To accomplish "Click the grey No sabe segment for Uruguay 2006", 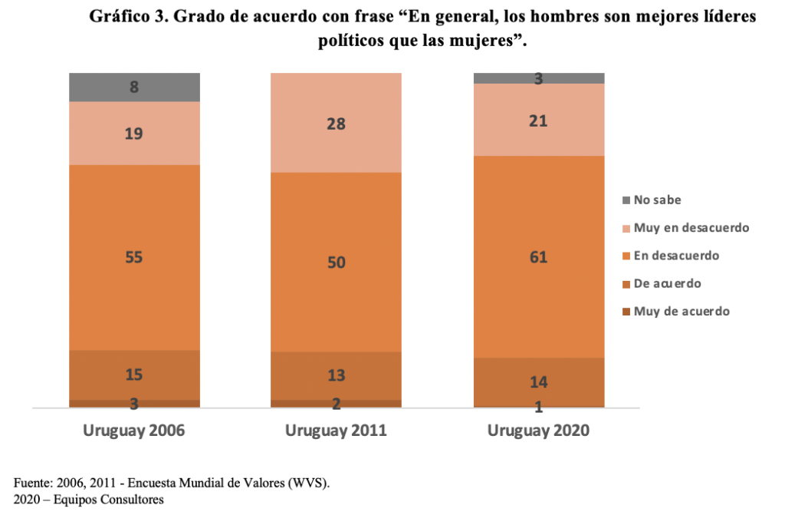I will click(134, 87).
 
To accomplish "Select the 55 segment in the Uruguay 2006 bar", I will click(134, 258).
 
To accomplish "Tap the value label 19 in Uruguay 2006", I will click(134, 134).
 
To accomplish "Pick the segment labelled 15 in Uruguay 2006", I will click(134, 375).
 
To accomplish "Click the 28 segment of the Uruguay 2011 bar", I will click(336, 123).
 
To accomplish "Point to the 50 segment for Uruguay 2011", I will click(336, 262).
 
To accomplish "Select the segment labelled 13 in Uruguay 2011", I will click(336, 375).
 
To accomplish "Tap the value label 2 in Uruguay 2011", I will click(336, 404).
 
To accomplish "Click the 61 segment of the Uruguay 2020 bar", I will click(538, 257).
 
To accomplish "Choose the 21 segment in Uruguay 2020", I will click(538, 120).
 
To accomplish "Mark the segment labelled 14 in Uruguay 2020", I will click(538, 381).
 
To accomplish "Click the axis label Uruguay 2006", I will click(134, 431).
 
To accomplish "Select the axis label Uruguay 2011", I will click(336, 431).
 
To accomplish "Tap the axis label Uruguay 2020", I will click(538, 431).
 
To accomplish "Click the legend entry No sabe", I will click(657, 200).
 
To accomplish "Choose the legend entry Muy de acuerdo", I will click(682, 312).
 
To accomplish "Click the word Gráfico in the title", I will click(118, 17).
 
